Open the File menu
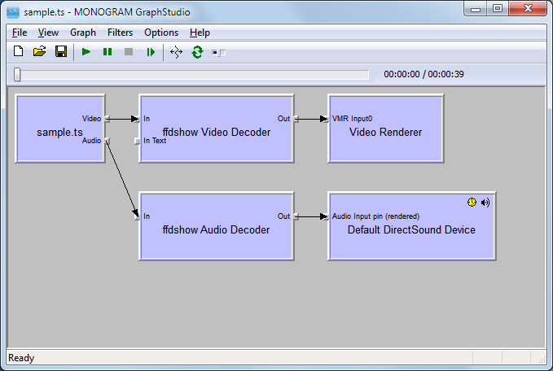[x=20, y=33]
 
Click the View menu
[x=48, y=33]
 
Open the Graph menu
[x=82, y=33]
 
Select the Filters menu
[x=120, y=33]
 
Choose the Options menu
[x=161, y=33]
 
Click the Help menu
[x=200, y=33]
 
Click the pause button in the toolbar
[x=108, y=52]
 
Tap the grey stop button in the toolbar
[x=129, y=52]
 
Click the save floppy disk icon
[x=61, y=52]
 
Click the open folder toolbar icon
[x=40, y=52]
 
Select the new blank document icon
[x=19, y=52]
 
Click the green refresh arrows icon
[x=197, y=52]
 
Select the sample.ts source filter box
[x=59, y=132]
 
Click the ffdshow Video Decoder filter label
[x=217, y=132]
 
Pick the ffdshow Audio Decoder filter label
[x=217, y=229]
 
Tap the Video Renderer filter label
[x=386, y=132]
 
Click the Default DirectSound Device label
[x=411, y=229]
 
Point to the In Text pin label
[x=155, y=141]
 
